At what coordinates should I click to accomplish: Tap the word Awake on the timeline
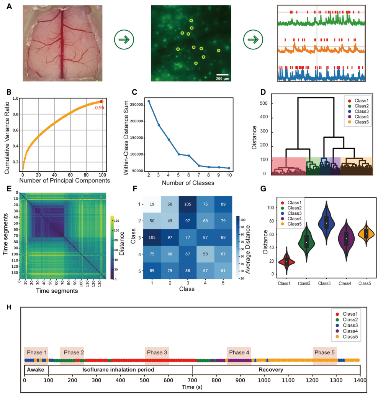(x=36, y=370)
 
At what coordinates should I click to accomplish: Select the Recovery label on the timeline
(x=271, y=370)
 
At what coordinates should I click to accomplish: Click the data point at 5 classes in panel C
(x=179, y=154)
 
